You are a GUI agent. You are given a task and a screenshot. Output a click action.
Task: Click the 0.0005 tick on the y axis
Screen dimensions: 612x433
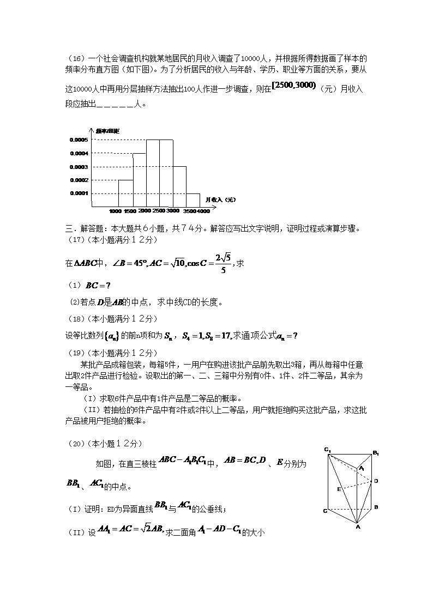[79, 140]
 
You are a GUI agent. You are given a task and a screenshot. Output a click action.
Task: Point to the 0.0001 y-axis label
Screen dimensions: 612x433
[79, 193]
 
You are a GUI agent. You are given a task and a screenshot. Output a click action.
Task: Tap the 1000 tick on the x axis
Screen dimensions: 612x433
[115, 211]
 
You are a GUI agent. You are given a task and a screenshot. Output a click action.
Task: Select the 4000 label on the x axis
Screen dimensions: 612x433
[203, 211]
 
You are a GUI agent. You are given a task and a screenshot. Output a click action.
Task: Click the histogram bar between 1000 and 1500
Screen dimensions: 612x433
[125, 193]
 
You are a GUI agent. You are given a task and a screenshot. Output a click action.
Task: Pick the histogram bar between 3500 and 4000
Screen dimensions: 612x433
[193, 200]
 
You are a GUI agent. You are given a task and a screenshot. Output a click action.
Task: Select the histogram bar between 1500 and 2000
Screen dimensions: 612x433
[139, 180]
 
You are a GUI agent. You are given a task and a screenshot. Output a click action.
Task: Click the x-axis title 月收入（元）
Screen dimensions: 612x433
[216, 200]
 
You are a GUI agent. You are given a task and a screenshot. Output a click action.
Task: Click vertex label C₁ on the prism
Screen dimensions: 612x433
[327, 450]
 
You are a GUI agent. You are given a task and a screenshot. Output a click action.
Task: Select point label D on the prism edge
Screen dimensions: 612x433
[376, 481]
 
